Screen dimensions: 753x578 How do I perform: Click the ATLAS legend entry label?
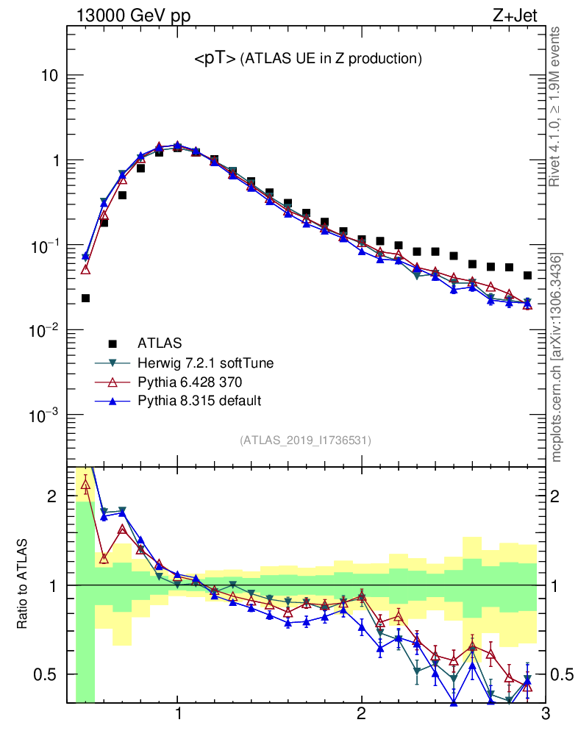160,343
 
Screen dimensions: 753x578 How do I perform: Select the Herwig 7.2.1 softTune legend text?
200,363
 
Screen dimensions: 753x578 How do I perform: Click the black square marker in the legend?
113,343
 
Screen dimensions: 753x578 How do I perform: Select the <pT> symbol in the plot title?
215,60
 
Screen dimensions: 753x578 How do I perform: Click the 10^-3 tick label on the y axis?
43,415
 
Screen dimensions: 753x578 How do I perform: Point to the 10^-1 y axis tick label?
43,246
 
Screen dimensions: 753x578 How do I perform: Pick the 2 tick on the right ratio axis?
560,496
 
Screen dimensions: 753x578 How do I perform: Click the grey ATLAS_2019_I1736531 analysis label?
305,440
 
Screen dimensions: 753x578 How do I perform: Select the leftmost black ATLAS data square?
85,299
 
